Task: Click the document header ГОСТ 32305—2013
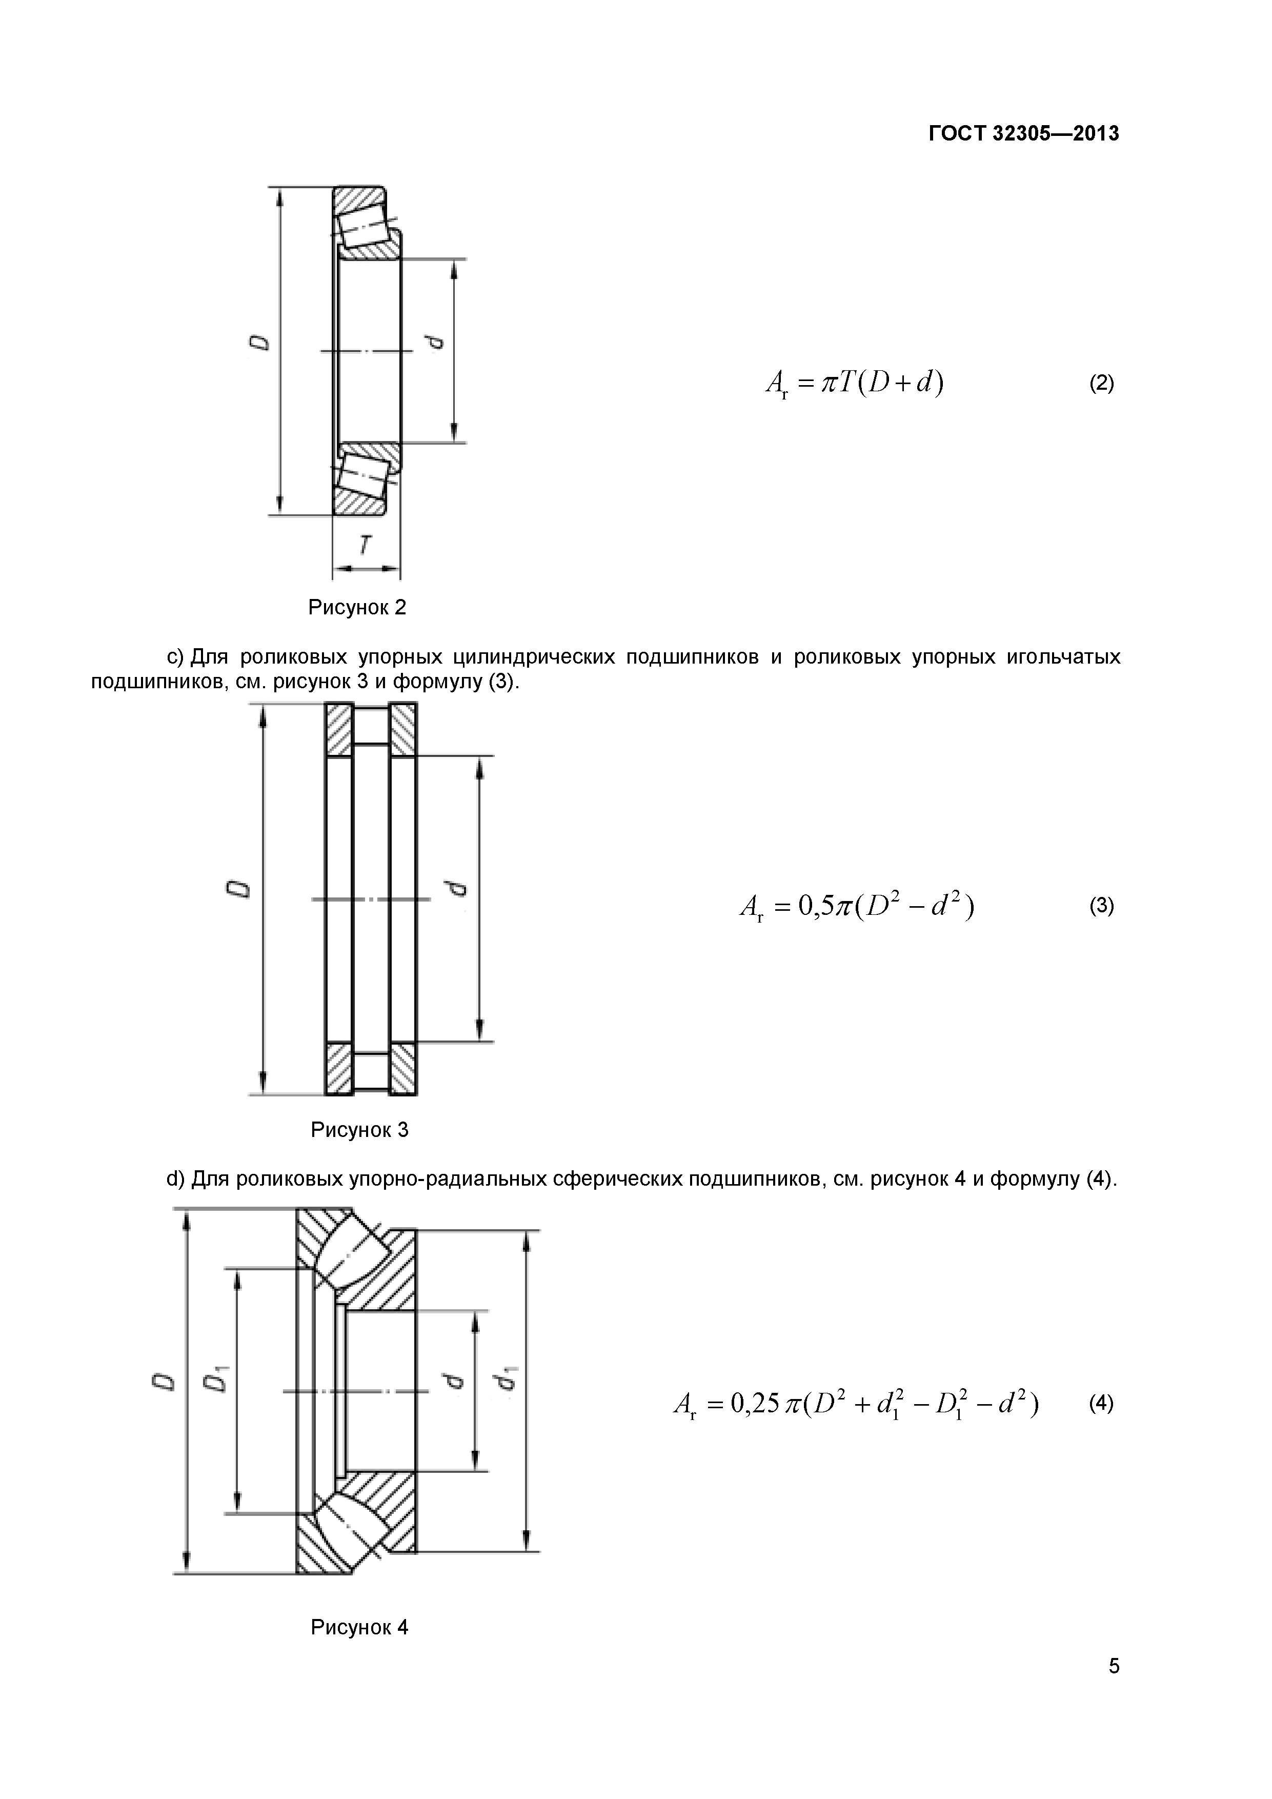pyautogui.click(x=1024, y=134)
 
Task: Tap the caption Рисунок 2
pyautogui.click(x=357, y=607)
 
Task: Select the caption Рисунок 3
pyautogui.click(x=359, y=1130)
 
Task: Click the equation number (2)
pyautogui.click(x=1101, y=383)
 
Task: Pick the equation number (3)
pyautogui.click(x=1101, y=907)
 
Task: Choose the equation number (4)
pyautogui.click(x=1101, y=1403)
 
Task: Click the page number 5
pyautogui.click(x=1114, y=1688)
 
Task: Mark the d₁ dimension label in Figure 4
pyautogui.click(x=508, y=1378)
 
